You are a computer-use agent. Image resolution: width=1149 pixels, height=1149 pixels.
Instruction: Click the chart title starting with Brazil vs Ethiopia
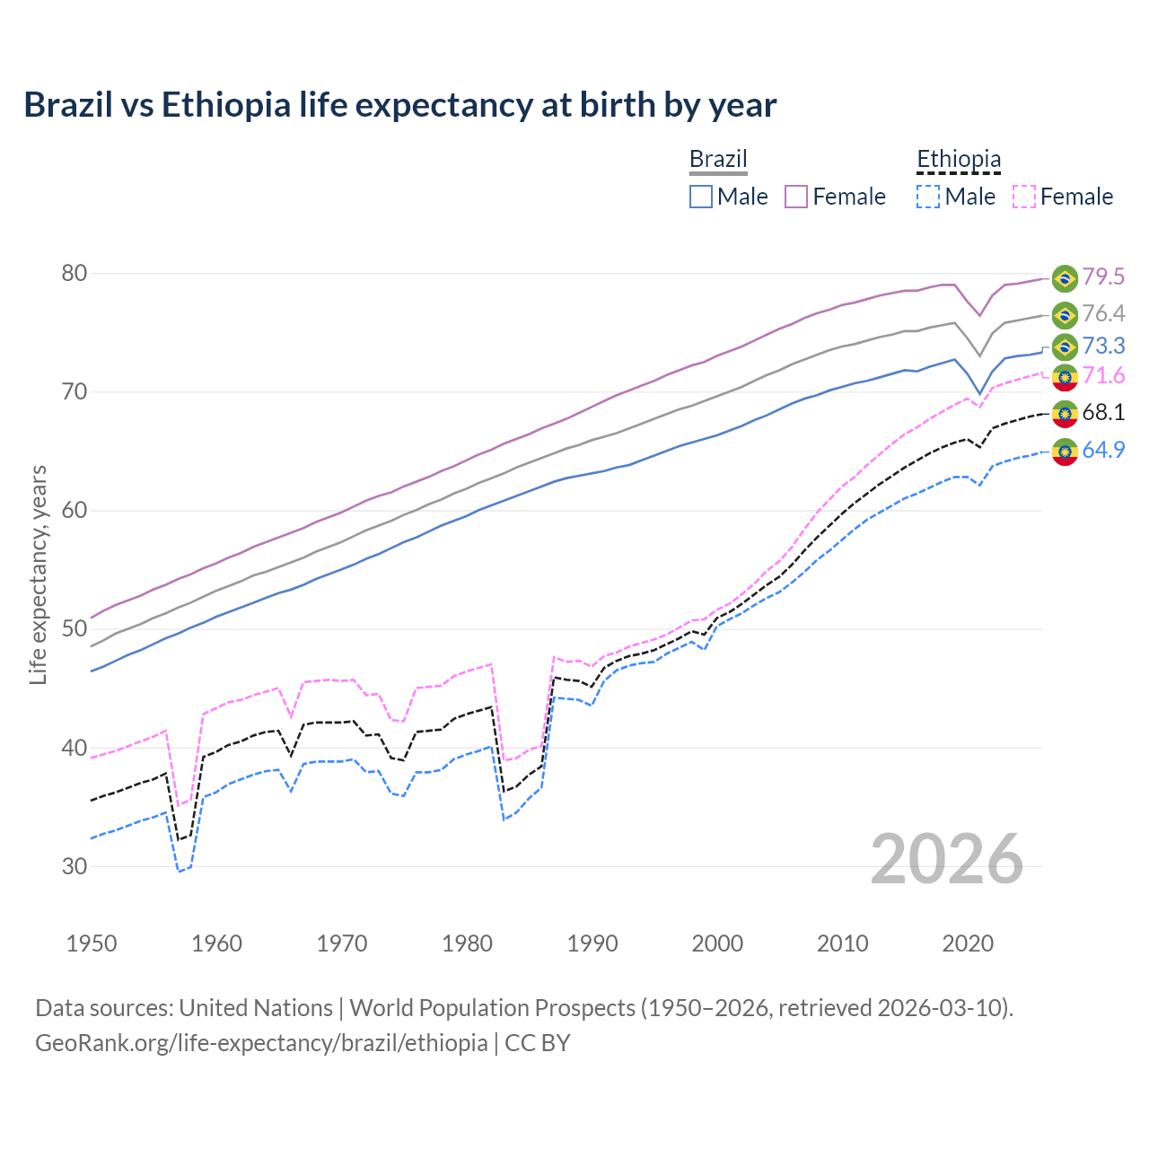(400, 105)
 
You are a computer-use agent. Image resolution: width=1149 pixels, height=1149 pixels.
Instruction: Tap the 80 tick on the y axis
(75, 273)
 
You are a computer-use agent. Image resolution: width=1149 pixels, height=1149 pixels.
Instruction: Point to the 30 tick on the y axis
(75, 866)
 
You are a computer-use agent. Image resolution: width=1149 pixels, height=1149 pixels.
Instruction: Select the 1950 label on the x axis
(92, 943)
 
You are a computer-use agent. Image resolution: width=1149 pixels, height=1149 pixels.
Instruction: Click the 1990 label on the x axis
(592, 943)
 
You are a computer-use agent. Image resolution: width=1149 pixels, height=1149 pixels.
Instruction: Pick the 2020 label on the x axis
(968, 943)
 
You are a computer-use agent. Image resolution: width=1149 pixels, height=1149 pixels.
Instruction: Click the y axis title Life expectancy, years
(39, 574)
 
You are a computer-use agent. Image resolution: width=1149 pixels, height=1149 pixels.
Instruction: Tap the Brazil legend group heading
(718, 159)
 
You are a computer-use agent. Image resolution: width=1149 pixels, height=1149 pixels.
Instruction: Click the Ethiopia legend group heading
(959, 159)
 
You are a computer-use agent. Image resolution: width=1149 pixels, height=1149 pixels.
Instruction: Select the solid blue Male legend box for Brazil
(701, 197)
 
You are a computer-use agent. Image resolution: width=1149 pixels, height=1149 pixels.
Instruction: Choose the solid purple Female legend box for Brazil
(796, 197)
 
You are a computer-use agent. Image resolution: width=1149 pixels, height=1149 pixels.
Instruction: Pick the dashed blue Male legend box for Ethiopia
(928, 197)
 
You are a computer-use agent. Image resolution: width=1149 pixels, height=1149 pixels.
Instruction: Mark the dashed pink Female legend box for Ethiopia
(1024, 197)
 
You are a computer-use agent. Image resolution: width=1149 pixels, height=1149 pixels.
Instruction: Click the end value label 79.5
(1103, 277)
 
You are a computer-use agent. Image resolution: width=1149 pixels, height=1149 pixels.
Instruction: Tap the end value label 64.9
(1103, 450)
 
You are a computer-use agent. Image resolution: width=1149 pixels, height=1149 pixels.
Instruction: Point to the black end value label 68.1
(1103, 412)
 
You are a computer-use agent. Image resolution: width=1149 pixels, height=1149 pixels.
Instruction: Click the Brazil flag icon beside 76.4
(1065, 314)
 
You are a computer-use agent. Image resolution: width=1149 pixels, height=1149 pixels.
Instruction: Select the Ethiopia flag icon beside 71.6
(1065, 377)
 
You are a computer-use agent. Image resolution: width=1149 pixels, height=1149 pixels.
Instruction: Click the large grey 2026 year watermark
(947, 859)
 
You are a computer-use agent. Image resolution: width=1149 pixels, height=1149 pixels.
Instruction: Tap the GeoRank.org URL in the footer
(261, 1043)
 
